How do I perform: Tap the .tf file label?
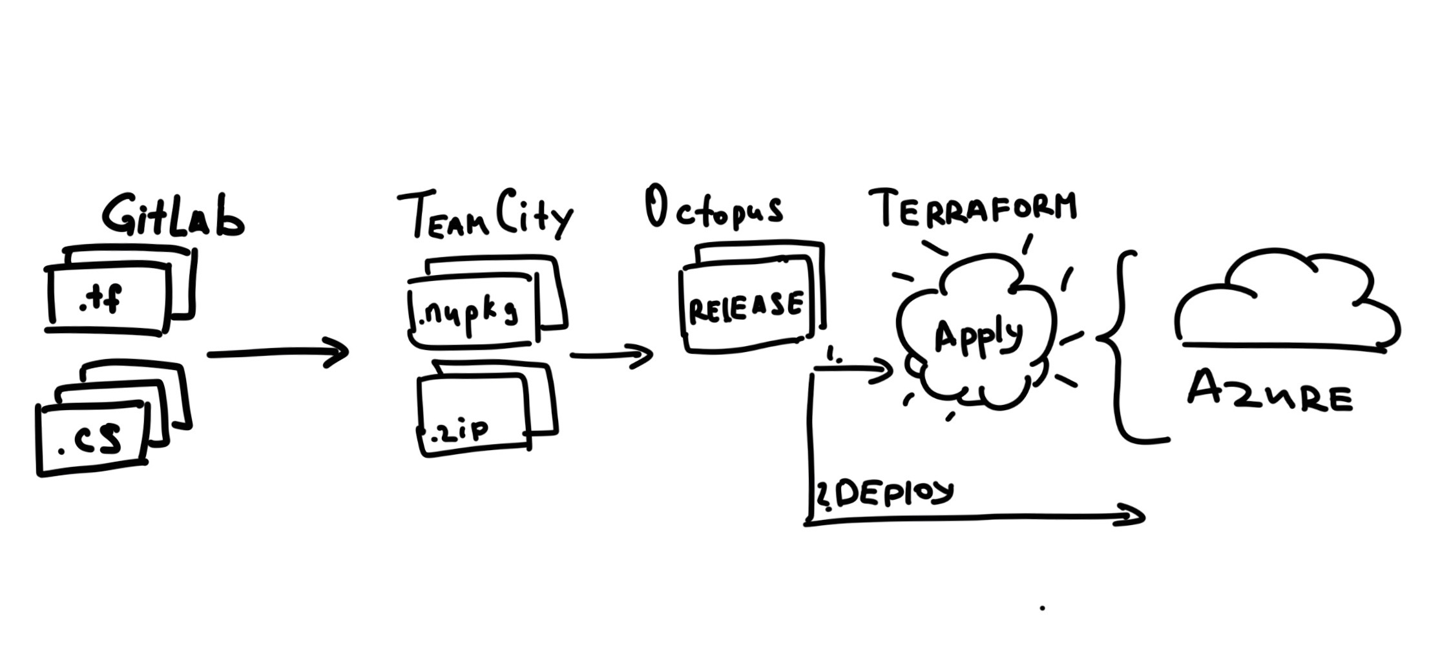coord(101,300)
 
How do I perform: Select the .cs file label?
coord(90,439)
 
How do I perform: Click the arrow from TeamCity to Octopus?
coord(611,355)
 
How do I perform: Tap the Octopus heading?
coord(713,209)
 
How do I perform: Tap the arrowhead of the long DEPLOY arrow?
coord(1131,515)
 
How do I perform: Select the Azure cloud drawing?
coord(1286,304)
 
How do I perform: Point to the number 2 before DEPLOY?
coord(823,495)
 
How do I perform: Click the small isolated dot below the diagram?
coord(1042,608)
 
